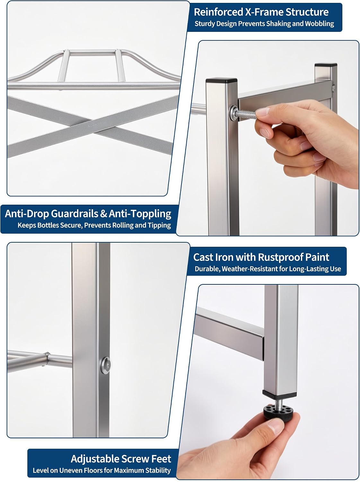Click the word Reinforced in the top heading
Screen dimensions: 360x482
pos(218,12)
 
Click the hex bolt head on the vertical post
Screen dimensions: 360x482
pos(106,365)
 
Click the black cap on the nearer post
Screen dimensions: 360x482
pos(222,80)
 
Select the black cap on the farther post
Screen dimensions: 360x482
pos(326,65)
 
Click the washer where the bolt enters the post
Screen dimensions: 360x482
pos(233,113)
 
